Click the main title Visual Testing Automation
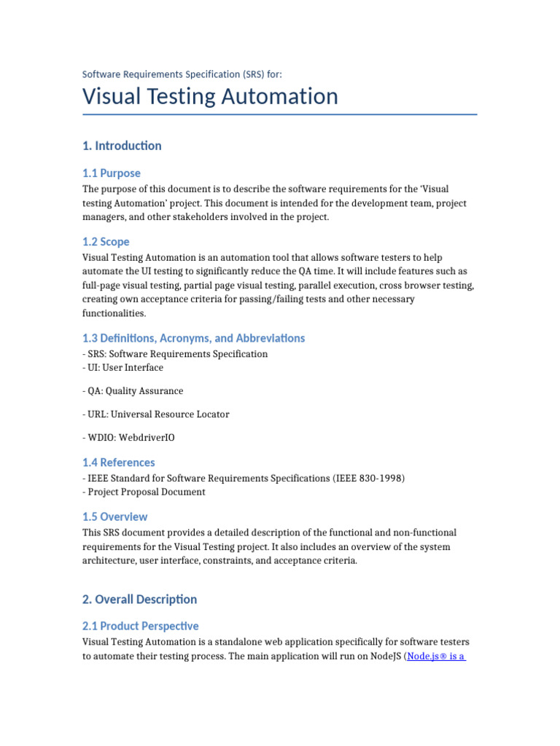click(210, 97)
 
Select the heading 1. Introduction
click(122, 146)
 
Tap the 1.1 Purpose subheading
click(112, 173)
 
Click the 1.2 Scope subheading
click(106, 242)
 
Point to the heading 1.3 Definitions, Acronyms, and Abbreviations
click(194, 338)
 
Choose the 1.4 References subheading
click(119, 463)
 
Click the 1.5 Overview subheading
click(115, 517)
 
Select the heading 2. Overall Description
click(140, 600)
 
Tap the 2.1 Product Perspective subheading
click(141, 626)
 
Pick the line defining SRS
click(175, 354)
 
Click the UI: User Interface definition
click(123, 368)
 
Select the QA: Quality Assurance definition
click(133, 391)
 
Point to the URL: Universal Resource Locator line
click(156, 415)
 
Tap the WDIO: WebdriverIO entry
click(128, 438)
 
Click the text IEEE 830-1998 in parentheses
click(369, 478)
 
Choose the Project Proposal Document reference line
click(144, 492)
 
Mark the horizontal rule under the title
click(280, 114)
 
